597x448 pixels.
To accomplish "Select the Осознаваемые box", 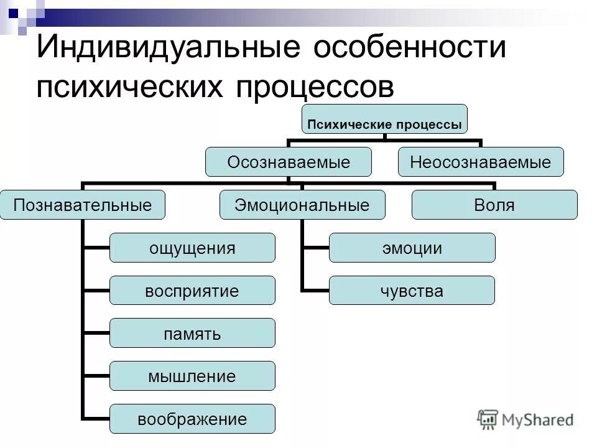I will tap(289, 162).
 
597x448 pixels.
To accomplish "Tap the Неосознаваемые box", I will tap(481, 162).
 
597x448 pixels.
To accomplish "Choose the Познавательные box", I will tap(83, 205).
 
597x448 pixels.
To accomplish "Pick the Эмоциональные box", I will tap(302, 205).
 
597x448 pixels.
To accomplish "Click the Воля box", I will tap(494, 205).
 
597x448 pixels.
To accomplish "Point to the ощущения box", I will tap(192, 248).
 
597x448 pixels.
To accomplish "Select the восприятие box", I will tap(192, 291).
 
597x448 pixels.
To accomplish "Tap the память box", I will tap(192, 333).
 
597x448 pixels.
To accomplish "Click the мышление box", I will tap(192, 376).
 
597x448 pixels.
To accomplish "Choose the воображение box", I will tap(192, 419).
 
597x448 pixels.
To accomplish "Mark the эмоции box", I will tap(412, 248).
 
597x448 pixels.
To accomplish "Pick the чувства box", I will tap(412, 291).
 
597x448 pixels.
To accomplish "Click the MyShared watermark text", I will tap(538, 419).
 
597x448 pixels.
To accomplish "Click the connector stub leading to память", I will tap(96, 334).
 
